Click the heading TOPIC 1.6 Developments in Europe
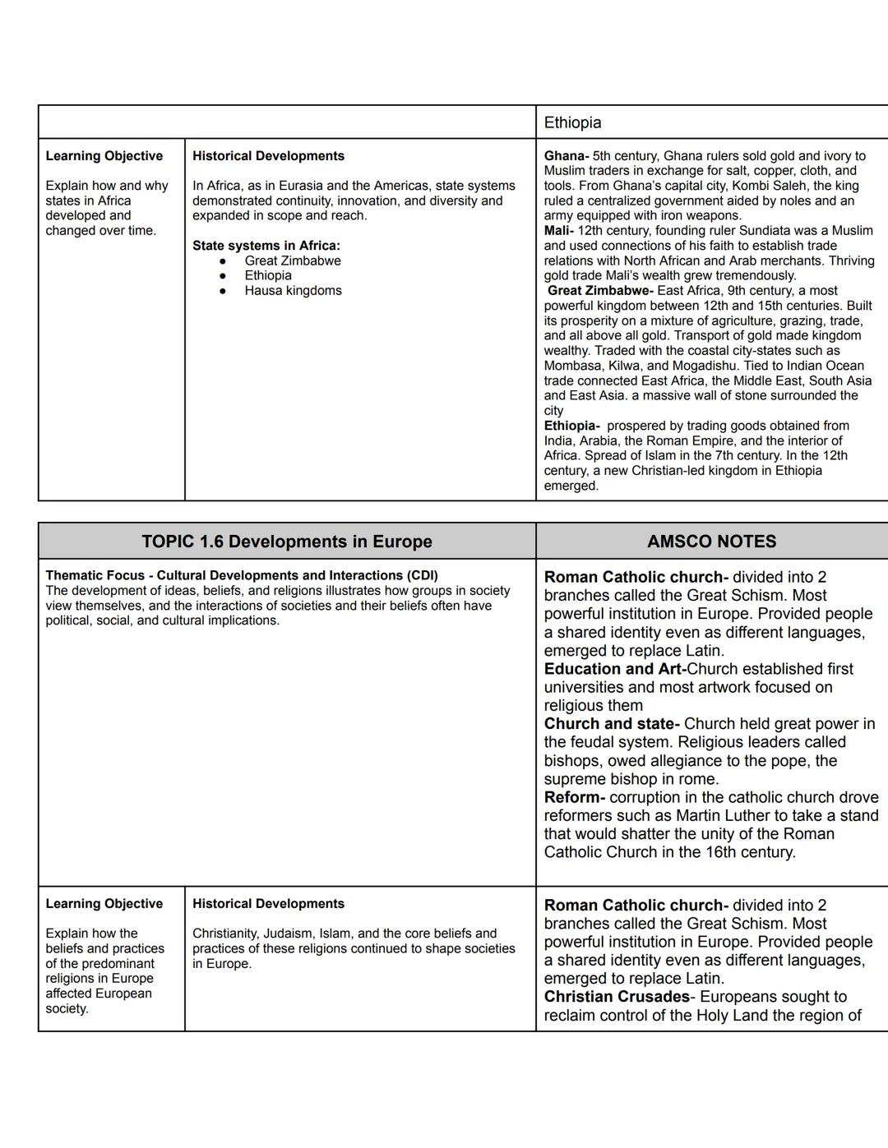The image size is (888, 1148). tap(286, 542)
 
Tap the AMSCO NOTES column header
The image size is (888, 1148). tap(711, 542)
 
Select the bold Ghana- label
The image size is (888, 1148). tap(566, 156)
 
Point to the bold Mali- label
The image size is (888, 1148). tap(558, 231)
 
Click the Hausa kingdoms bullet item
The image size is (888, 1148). tap(293, 291)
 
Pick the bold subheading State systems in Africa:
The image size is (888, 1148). tap(266, 246)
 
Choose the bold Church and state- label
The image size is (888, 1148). tap(611, 724)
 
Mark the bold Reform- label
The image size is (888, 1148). tap(574, 797)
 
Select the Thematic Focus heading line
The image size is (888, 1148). tap(241, 575)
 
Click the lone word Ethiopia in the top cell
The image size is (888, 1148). tap(572, 122)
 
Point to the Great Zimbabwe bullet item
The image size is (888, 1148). tap(292, 260)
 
